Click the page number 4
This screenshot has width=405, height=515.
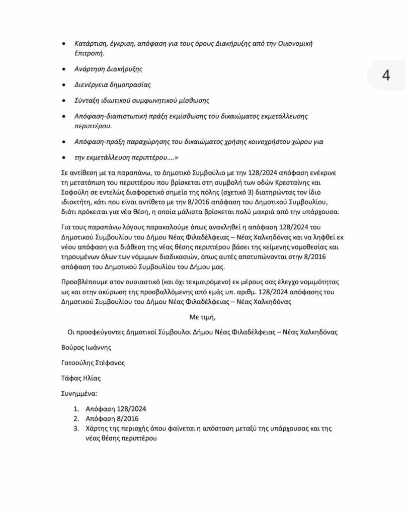tap(386, 75)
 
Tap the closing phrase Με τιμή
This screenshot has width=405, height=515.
tap(202, 317)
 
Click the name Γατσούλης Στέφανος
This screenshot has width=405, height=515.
tap(93, 363)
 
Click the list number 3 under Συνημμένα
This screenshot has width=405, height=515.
tap(76, 428)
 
